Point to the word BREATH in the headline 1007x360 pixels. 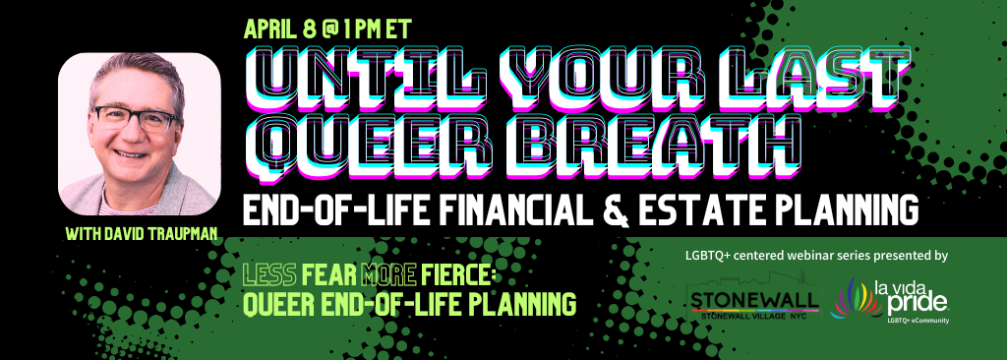click(649, 147)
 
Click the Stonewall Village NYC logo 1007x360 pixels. click(752, 298)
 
